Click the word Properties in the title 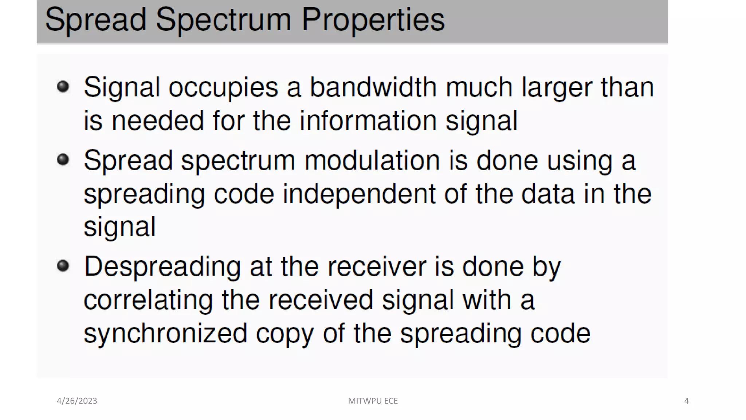373,20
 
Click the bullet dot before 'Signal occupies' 63,86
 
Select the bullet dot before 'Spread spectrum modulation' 63,159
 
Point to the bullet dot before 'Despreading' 63,266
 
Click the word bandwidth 373,87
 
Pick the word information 368,121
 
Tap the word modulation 372,160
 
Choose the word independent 359,194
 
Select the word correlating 148,300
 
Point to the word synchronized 165,334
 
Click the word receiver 377,267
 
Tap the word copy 284,334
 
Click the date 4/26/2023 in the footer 77,401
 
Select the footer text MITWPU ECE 373,401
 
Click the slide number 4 686,401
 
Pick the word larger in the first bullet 557,87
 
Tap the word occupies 223,87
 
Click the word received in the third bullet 321,300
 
